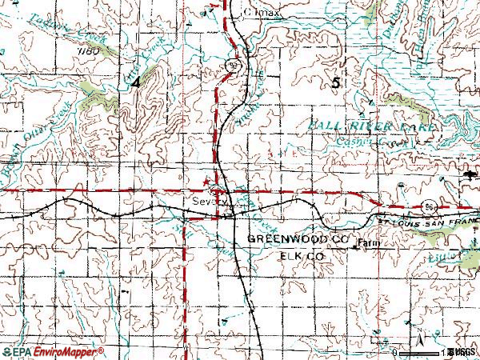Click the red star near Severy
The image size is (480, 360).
[212, 182]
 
